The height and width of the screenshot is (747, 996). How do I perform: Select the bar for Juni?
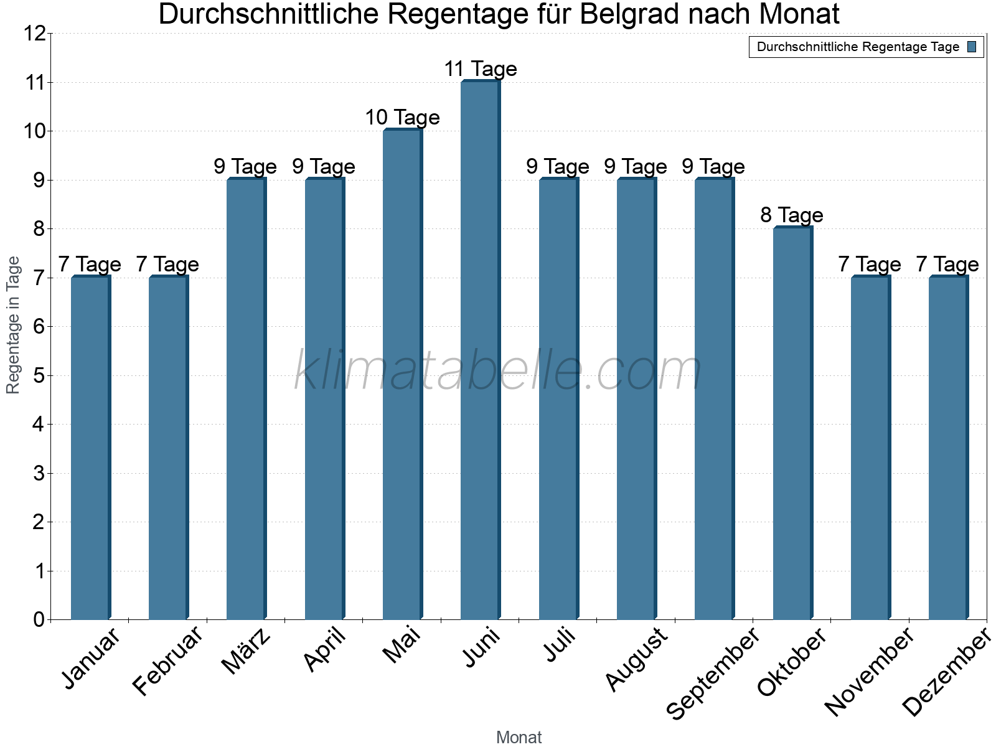pyautogui.click(x=480, y=350)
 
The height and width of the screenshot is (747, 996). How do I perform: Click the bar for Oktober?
pyautogui.click(x=792, y=423)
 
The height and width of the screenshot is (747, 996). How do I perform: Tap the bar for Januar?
pyautogui.click(x=90, y=448)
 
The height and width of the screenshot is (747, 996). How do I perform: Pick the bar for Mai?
pyautogui.click(x=402, y=375)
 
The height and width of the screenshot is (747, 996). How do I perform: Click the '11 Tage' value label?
pyautogui.click(x=480, y=68)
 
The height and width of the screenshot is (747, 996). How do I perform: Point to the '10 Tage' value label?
pyautogui.click(x=402, y=117)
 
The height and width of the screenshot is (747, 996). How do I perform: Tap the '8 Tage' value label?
pyautogui.click(x=792, y=215)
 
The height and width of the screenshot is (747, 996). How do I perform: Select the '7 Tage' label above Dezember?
pyautogui.click(x=947, y=265)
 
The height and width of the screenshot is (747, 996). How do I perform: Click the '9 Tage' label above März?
pyautogui.click(x=245, y=167)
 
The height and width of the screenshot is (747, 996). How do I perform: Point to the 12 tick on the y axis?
pyautogui.click(x=35, y=34)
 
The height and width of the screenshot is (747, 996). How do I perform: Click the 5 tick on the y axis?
pyautogui.click(x=39, y=375)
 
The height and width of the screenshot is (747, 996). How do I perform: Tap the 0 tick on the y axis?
pyautogui.click(x=39, y=619)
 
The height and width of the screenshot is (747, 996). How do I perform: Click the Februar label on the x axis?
pyautogui.click(x=168, y=661)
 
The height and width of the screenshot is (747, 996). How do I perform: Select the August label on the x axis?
pyautogui.click(x=636, y=660)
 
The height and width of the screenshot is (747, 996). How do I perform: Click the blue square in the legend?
pyautogui.click(x=972, y=47)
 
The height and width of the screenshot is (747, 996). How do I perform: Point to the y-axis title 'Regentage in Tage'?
pyautogui.click(x=13, y=325)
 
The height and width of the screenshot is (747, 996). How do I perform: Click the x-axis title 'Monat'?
pyautogui.click(x=519, y=737)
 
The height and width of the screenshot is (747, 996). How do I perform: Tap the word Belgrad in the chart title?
pyautogui.click(x=626, y=14)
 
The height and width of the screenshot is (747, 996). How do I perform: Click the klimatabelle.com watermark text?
pyautogui.click(x=498, y=371)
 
